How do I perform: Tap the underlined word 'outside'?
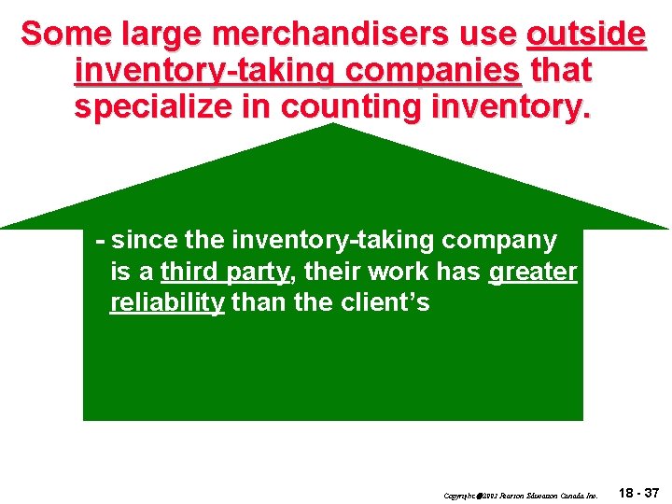[x=585, y=34]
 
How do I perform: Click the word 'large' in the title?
[x=168, y=34]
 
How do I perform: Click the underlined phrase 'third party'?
[x=224, y=272]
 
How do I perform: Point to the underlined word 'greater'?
[x=532, y=272]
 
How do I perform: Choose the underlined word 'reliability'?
[x=167, y=303]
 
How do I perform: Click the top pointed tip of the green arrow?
[x=333, y=125]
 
